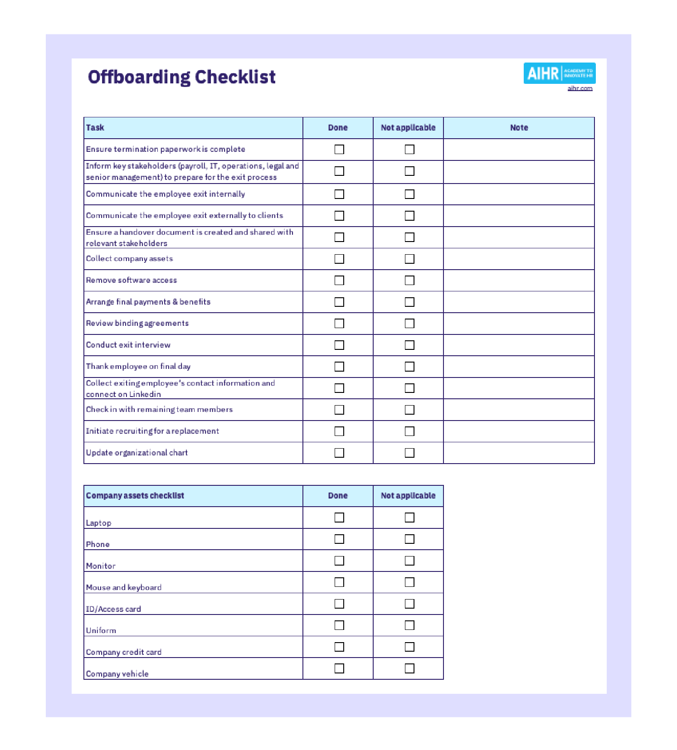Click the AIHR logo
(x=559, y=73)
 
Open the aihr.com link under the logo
(x=580, y=88)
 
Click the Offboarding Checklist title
(x=181, y=77)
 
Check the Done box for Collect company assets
(x=339, y=259)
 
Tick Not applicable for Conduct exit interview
(x=409, y=345)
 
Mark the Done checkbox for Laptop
(x=339, y=518)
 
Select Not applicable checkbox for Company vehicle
(x=409, y=668)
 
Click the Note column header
(x=519, y=128)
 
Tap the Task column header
(x=95, y=128)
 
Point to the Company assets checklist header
(x=135, y=496)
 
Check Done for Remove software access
(x=339, y=281)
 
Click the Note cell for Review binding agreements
(x=519, y=324)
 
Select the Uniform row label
(x=101, y=630)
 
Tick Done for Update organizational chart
(x=339, y=453)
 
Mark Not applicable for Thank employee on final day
(x=409, y=367)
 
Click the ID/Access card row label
(x=113, y=609)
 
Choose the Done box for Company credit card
(x=339, y=647)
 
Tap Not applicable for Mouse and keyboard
(x=409, y=582)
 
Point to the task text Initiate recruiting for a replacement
(x=152, y=431)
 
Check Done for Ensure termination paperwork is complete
(x=339, y=150)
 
